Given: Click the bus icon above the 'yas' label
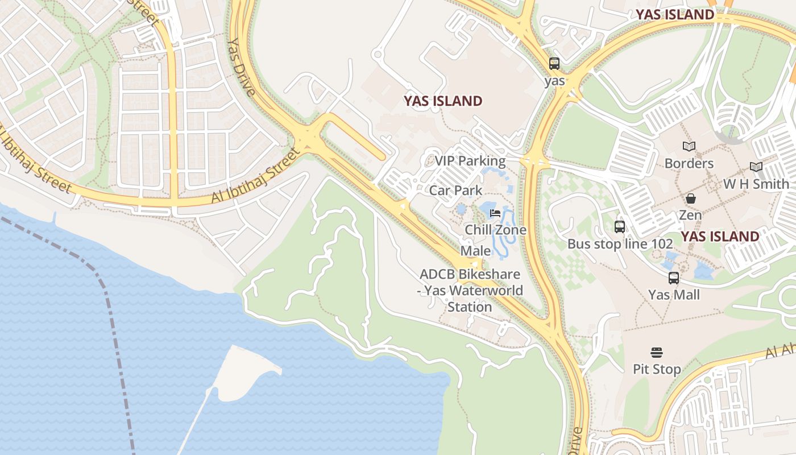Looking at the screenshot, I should (554, 64).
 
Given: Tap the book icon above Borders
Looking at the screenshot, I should (689, 147).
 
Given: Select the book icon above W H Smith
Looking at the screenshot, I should (756, 167).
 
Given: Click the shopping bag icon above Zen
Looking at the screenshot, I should (690, 198).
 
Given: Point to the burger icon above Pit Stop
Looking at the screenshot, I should (657, 353).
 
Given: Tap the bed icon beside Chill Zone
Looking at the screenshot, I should (495, 214).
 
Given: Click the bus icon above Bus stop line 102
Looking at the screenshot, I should (620, 227).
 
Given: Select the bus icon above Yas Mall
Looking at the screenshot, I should (674, 278).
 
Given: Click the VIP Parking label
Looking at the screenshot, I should (470, 161).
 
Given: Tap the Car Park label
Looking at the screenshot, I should (455, 191).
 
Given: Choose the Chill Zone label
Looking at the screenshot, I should (496, 230).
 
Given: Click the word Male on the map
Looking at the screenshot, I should (475, 251).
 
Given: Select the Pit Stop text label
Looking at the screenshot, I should (657, 370).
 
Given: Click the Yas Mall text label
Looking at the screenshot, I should (674, 295).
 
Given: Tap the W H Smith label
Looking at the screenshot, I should (756, 184).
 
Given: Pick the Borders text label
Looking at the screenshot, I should (689, 164).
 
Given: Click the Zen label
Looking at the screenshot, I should (690, 216).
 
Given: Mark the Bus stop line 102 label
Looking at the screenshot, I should (620, 244).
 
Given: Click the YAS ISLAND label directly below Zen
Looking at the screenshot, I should (720, 237).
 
